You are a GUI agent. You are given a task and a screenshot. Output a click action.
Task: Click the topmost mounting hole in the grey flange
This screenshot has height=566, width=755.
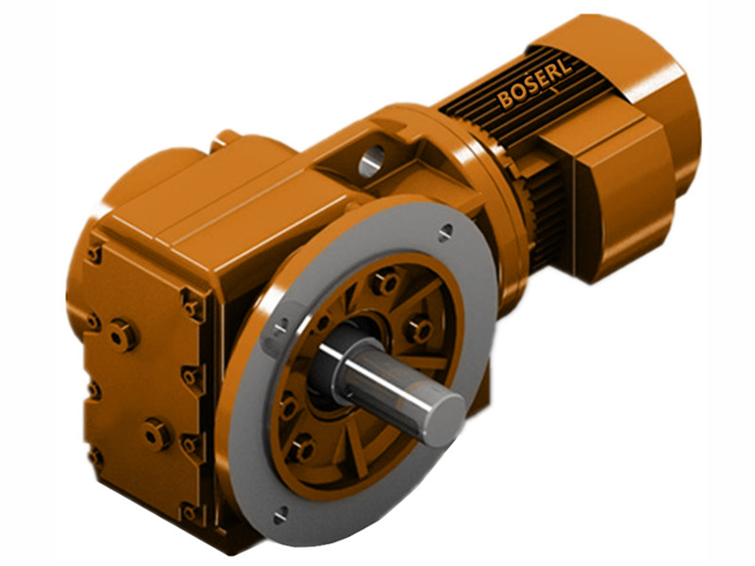[x=445, y=229]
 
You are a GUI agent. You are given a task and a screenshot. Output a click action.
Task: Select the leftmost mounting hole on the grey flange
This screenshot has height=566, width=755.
[x=280, y=325]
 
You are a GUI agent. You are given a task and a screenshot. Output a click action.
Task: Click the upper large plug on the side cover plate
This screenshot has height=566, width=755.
[x=122, y=334]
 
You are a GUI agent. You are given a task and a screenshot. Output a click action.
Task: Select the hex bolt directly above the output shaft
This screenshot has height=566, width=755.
[x=385, y=281]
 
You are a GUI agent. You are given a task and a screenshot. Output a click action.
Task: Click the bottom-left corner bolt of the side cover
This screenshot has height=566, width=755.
[x=95, y=457]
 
